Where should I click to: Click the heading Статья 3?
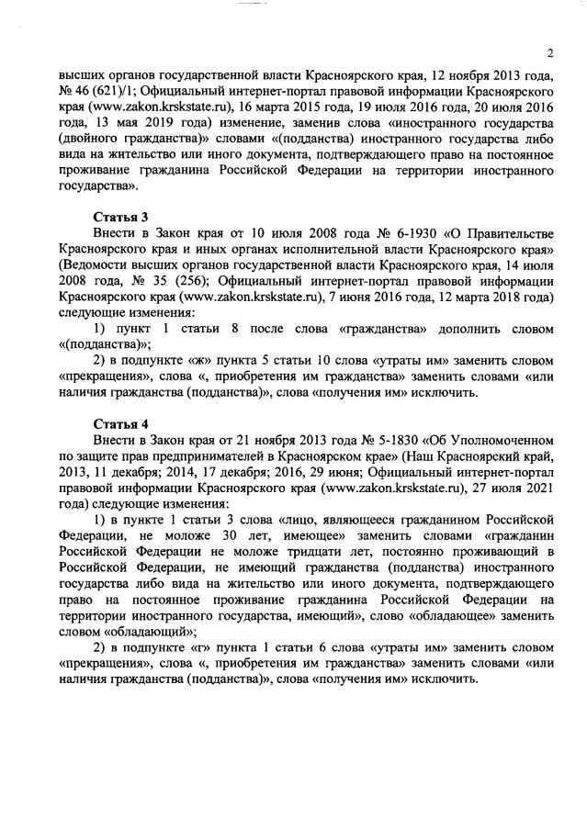(x=120, y=219)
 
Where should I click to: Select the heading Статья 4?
(x=120, y=423)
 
